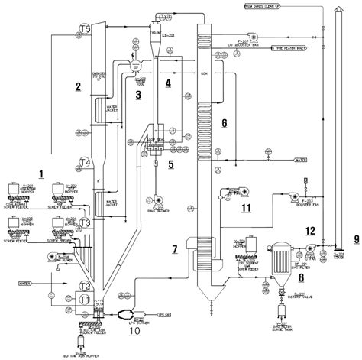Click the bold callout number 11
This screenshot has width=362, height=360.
pyautogui.click(x=246, y=207)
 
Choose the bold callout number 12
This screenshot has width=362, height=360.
pyautogui.click(x=309, y=229)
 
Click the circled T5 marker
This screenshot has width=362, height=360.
pyautogui.click(x=86, y=28)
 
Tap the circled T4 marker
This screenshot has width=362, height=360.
pyautogui.click(x=86, y=162)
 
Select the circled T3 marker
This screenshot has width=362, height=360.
pyautogui.click(x=86, y=222)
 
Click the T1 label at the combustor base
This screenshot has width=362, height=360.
pyautogui.click(x=85, y=297)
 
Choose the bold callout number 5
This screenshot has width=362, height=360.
pyautogui.click(x=171, y=164)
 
